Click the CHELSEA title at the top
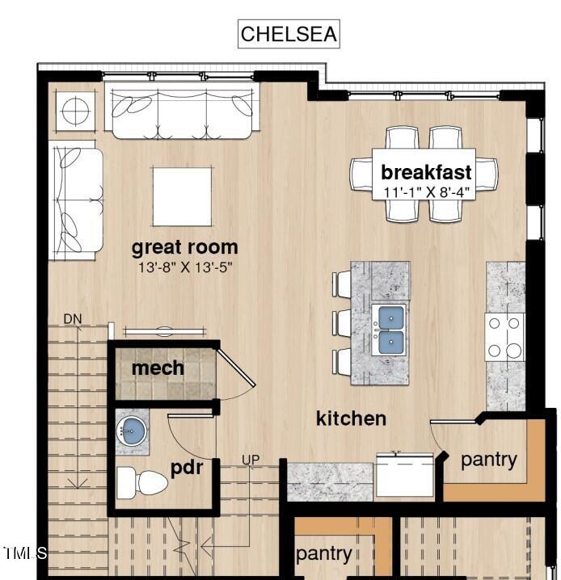[x=288, y=34]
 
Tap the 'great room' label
[x=184, y=247]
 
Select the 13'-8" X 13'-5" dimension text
[x=184, y=266]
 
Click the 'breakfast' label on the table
[x=426, y=172]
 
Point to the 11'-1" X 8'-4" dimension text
[x=426, y=191]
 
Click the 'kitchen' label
[x=351, y=418]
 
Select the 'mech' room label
[x=158, y=368]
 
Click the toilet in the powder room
[x=141, y=483]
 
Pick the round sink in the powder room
[x=132, y=429]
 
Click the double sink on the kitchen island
[x=390, y=330]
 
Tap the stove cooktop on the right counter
[x=505, y=337]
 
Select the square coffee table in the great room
[x=183, y=196]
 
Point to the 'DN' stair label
[x=73, y=319]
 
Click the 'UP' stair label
[x=251, y=460]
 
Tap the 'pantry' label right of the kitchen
[x=488, y=460]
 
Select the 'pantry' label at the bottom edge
[x=323, y=553]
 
